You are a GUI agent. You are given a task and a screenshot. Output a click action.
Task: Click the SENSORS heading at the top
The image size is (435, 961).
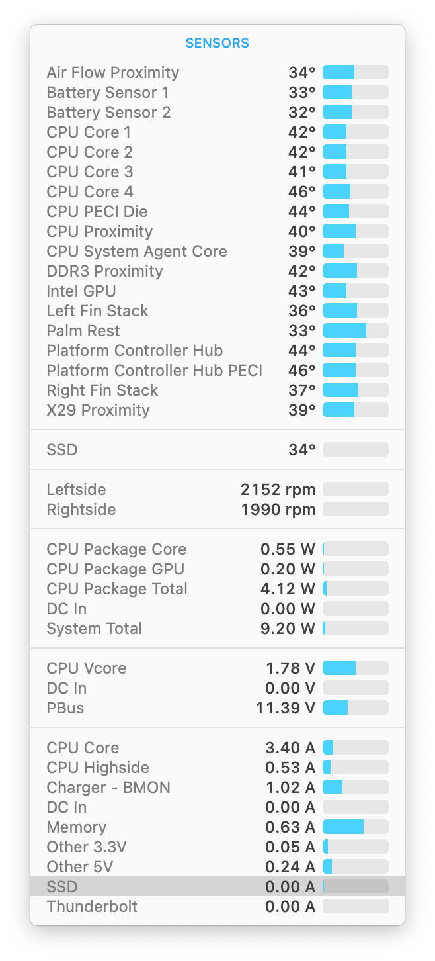pyautogui.click(x=217, y=43)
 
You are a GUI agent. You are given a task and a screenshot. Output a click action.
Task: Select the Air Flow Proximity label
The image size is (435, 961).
pyautogui.click(x=112, y=73)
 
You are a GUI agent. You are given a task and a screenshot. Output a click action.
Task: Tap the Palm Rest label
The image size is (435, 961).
pyautogui.click(x=83, y=331)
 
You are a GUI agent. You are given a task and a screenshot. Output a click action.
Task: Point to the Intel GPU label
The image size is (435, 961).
pyautogui.click(x=81, y=291)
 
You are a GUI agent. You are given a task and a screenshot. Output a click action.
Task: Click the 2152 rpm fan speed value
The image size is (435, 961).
pyautogui.click(x=278, y=490)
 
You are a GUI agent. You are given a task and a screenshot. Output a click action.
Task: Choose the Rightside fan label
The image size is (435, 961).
pyautogui.click(x=81, y=510)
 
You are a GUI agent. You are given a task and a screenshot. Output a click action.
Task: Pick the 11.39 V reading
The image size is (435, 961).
pyautogui.click(x=285, y=708)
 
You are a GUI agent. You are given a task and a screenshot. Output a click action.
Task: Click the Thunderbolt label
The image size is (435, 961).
pyautogui.click(x=92, y=907)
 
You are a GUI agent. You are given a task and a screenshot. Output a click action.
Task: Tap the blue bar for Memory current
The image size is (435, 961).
pyautogui.click(x=343, y=827)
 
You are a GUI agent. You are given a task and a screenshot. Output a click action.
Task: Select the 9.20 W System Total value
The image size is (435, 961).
pyautogui.click(x=288, y=629)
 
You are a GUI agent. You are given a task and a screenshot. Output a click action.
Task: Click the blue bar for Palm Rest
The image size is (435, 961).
pyautogui.click(x=344, y=331)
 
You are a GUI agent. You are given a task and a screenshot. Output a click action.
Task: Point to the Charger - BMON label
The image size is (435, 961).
pyautogui.click(x=108, y=788)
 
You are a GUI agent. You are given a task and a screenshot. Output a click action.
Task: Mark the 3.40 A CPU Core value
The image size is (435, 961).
pyautogui.click(x=290, y=748)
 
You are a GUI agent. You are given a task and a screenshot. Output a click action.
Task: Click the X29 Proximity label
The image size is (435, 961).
pyautogui.click(x=98, y=410)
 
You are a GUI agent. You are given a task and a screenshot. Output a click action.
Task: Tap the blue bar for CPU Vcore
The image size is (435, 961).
pyautogui.click(x=339, y=668)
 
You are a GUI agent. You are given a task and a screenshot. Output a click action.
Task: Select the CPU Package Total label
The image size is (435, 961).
pyautogui.click(x=117, y=589)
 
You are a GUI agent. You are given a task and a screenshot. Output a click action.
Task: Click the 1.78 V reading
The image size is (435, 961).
pyautogui.click(x=290, y=668)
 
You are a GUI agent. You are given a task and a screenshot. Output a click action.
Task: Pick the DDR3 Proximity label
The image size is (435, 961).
pyautogui.click(x=104, y=271)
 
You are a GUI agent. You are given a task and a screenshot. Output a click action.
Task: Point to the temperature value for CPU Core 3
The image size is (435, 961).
pyautogui.click(x=301, y=172)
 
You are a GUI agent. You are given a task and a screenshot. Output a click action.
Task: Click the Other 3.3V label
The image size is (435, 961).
pyautogui.click(x=86, y=847)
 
